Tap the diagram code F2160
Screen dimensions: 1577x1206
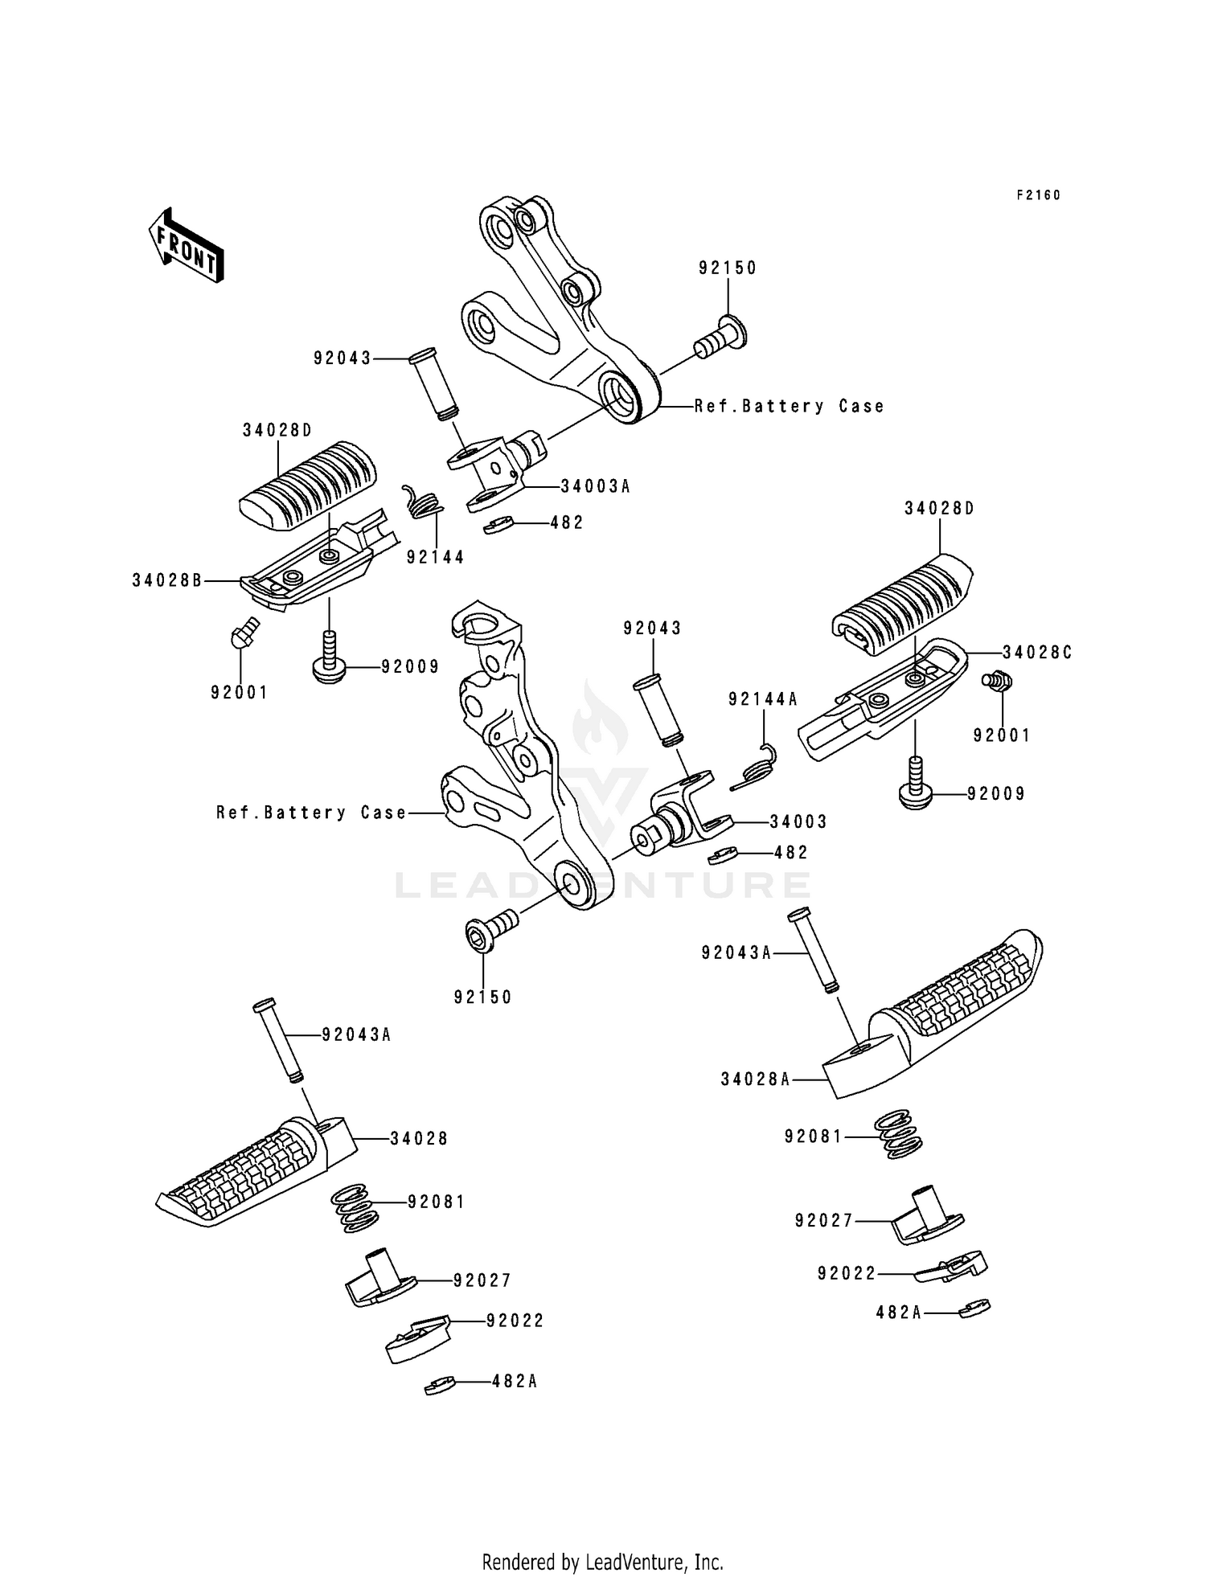pyautogui.click(x=1038, y=195)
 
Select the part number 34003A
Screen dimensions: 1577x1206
pyautogui.click(x=595, y=486)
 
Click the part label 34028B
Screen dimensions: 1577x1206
pyautogui.click(x=167, y=580)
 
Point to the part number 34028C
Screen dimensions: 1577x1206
pyautogui.click(x=1037, y=653)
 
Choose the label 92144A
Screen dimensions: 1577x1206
pyautogui.click(x=762, y=700)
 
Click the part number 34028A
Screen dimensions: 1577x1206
pyautogui.click(x=755, y=1079)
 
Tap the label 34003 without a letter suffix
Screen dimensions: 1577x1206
pyautogui.click(x=798, y=821)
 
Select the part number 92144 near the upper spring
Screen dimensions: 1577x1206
pyautogui.click(x=435, y=557)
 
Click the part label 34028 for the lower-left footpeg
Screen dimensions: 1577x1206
pyautogui.click(x=419, y=1138)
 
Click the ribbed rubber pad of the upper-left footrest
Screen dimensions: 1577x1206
pyautogui.click(x=308, y=485)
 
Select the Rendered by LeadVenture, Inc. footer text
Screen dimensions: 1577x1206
pyautogui.click(x=602, y=1563)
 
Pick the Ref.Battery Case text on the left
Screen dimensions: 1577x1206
pyautogui.click(x=311, y=813)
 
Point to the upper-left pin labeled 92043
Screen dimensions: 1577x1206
pyautogui.click(x=431, y=383)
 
